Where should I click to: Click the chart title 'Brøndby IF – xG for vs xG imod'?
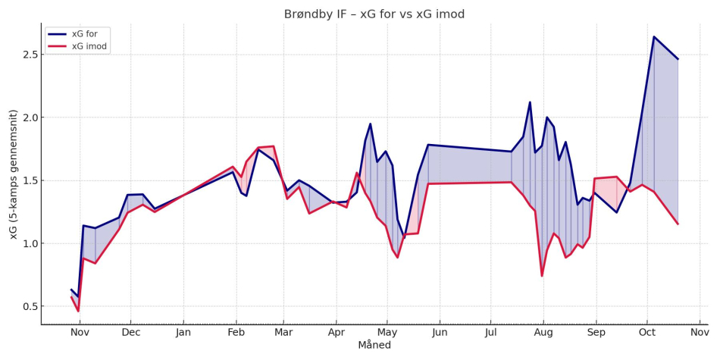(x=374, y=14)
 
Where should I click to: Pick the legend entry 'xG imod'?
(x=89, y=46)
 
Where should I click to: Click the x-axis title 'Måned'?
(x=374, y=345)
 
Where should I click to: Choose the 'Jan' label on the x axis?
(x=183, y=332)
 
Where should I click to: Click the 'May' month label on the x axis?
(x=387, y=332)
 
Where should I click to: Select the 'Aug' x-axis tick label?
(x=543, y=332)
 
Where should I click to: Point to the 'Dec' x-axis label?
(x=131, y=332)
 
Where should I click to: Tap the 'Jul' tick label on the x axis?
(x=491, y=332)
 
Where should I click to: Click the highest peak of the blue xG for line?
(x=653, y=36)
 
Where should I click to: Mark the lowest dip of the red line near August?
(x=542, y=276)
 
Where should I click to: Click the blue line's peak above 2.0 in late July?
(x=530, y=102)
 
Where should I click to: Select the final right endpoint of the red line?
(x=678, y=224)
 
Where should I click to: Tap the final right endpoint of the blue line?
(x=678, y=59)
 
